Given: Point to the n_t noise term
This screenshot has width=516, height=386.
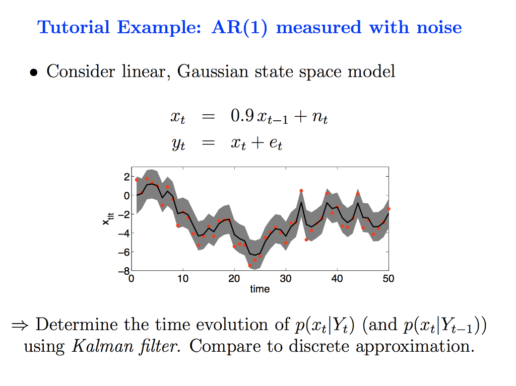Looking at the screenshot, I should click(x=320, y=118).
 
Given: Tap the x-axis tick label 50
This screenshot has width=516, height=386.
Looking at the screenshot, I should click(x=388, y=278).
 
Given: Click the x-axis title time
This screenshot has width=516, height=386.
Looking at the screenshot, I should click(x=260, y=289).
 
